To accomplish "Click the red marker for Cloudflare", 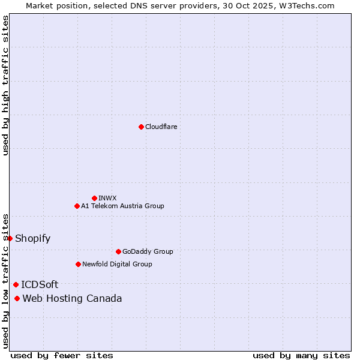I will (141, 127).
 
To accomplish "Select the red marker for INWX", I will (94, 198).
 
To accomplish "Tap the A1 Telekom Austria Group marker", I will (77, 206).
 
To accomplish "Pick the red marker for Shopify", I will (10, 238).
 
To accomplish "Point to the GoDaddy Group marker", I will (118, 251).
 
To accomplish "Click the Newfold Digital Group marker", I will (78, 264).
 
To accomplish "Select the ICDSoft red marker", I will (16, 284).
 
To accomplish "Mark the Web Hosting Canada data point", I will (17, 298).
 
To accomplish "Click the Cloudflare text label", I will (161, 127).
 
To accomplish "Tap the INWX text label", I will (108, 198).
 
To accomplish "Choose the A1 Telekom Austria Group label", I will (122, 206).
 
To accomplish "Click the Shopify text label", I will (33, 238).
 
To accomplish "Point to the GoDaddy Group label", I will (148, 251).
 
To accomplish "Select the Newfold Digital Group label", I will (117, 264).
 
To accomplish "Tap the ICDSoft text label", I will (40, 284).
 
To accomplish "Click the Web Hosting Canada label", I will (72, 298).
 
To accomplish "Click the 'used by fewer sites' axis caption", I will (62, 355).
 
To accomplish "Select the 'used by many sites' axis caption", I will (301, 355).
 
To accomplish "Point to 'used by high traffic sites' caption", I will (5, 85).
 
